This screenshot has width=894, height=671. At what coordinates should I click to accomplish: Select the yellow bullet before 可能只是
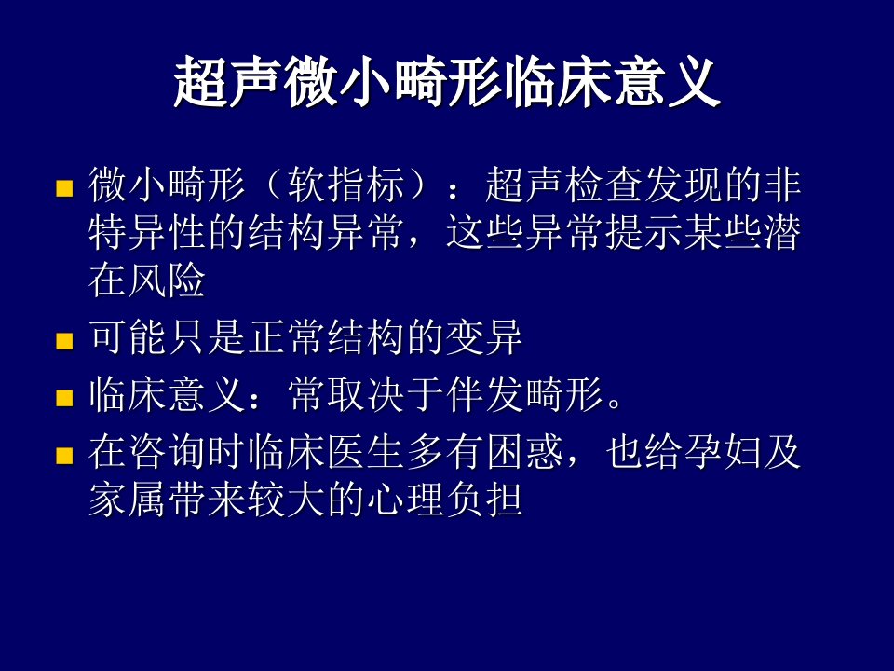pos(64,341)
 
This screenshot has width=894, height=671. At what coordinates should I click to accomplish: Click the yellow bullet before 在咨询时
pos(64,456)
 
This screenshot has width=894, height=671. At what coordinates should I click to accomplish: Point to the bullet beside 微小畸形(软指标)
pos(64,188)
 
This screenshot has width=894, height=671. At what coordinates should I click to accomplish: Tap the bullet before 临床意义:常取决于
pos(64,398)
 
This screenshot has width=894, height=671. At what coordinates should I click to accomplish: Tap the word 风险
pos(167,281)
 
